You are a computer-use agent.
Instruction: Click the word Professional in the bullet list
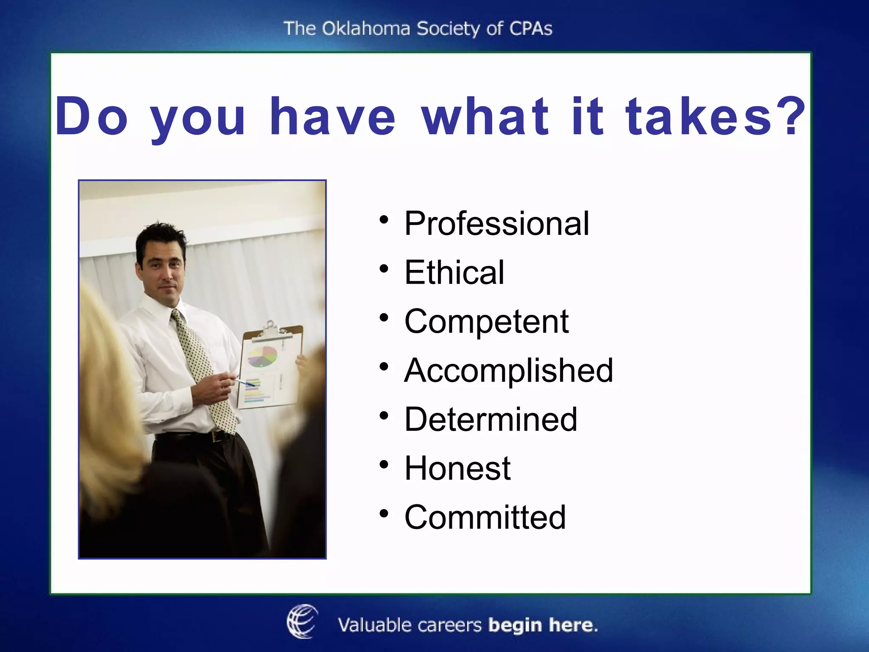[496, 224]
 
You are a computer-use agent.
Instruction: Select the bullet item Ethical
[454, 273]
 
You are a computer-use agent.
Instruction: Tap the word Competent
[486, 321]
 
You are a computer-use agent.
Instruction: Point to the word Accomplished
[508, 371]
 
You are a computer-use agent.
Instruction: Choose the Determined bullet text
[491, 419]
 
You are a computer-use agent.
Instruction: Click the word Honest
[457, 468]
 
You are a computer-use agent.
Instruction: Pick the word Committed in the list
[485, 517]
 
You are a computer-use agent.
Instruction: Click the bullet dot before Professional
[384, 220]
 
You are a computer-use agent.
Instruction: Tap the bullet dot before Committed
[384, 514]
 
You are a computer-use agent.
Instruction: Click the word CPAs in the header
[530, 29]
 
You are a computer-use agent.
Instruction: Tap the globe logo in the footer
[302, 621]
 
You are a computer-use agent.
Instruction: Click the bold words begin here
[543, 625]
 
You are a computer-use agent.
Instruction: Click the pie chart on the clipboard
[262, 356]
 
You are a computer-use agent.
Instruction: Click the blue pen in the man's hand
[246, 382]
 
